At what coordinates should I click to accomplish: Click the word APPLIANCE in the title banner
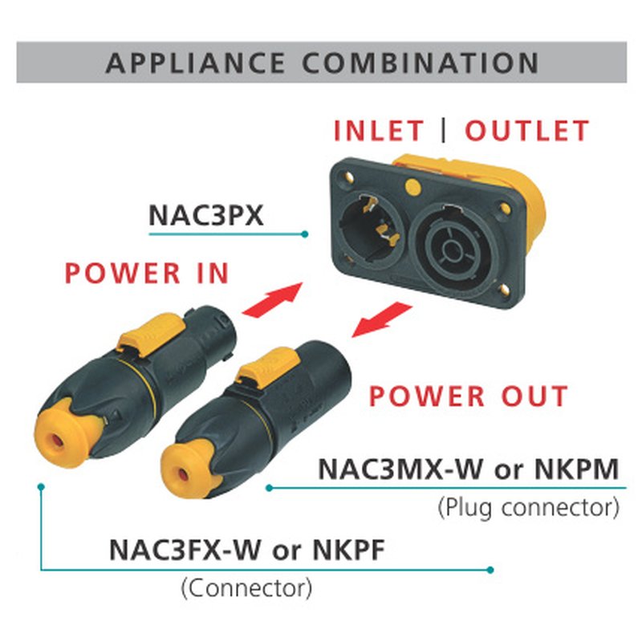click(x=195, y=63)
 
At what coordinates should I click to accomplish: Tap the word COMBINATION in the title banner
click(x=421, y=63)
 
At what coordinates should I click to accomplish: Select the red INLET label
click(x=379, y=131)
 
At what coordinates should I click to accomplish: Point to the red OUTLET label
click(x=527, y=131)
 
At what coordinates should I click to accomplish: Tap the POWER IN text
click(x=147, y=273)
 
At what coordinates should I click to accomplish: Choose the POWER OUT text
click(x=469, y=396)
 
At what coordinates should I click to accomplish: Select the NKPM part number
click(x=576, y=469)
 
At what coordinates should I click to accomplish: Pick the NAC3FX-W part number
click(x=185, y=550)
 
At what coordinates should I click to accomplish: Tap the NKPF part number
click(x=349, y=550)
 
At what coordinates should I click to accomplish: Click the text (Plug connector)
click(x=529, y=508)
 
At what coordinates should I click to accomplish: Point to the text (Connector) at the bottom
click(x=246, y=588)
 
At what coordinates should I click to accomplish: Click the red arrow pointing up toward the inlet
click(x=273, y=299)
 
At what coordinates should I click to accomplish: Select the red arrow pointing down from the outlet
click(x=382, y=319)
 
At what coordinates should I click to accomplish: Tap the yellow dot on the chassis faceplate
click(x=413, y=187)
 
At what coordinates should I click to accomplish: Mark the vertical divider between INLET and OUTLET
click(x=444, y=131)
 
